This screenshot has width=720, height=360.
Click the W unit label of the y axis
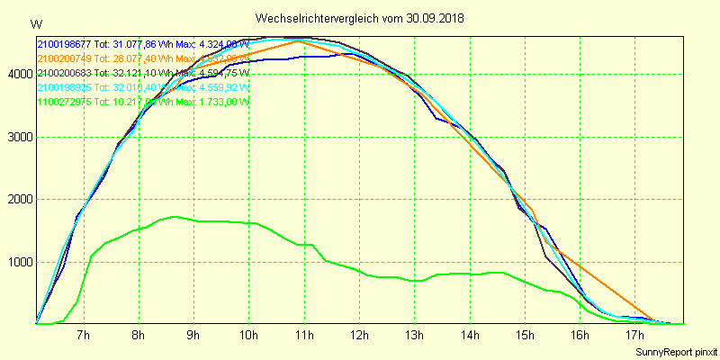(35, 23)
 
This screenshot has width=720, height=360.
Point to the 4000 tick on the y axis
(18, 75)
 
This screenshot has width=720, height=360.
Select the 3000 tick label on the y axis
(18, 138)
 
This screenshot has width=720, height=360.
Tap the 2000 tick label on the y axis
(18, 200)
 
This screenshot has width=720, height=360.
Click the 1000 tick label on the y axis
(18, 263)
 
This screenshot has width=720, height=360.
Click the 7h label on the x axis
(84, 337)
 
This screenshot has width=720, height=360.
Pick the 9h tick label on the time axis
(193, 337)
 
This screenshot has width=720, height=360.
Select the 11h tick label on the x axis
(303, 337)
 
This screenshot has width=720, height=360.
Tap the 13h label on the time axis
(413, 337)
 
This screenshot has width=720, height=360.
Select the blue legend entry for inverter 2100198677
(143, 43)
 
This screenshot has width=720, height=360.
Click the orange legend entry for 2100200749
(143, 58)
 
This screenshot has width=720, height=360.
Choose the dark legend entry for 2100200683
(143, 72)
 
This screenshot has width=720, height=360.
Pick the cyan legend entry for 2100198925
(143, 86)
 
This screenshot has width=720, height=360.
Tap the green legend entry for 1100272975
(143, 101)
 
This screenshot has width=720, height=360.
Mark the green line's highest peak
(174, 216)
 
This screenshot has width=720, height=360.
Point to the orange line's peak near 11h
(298, 40)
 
